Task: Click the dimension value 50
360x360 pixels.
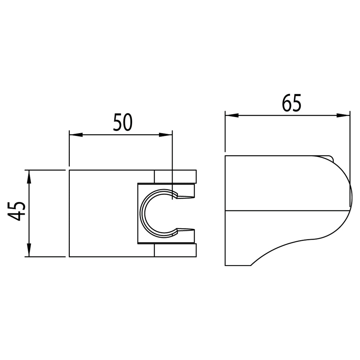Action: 123,122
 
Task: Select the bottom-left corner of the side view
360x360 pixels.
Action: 226,265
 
